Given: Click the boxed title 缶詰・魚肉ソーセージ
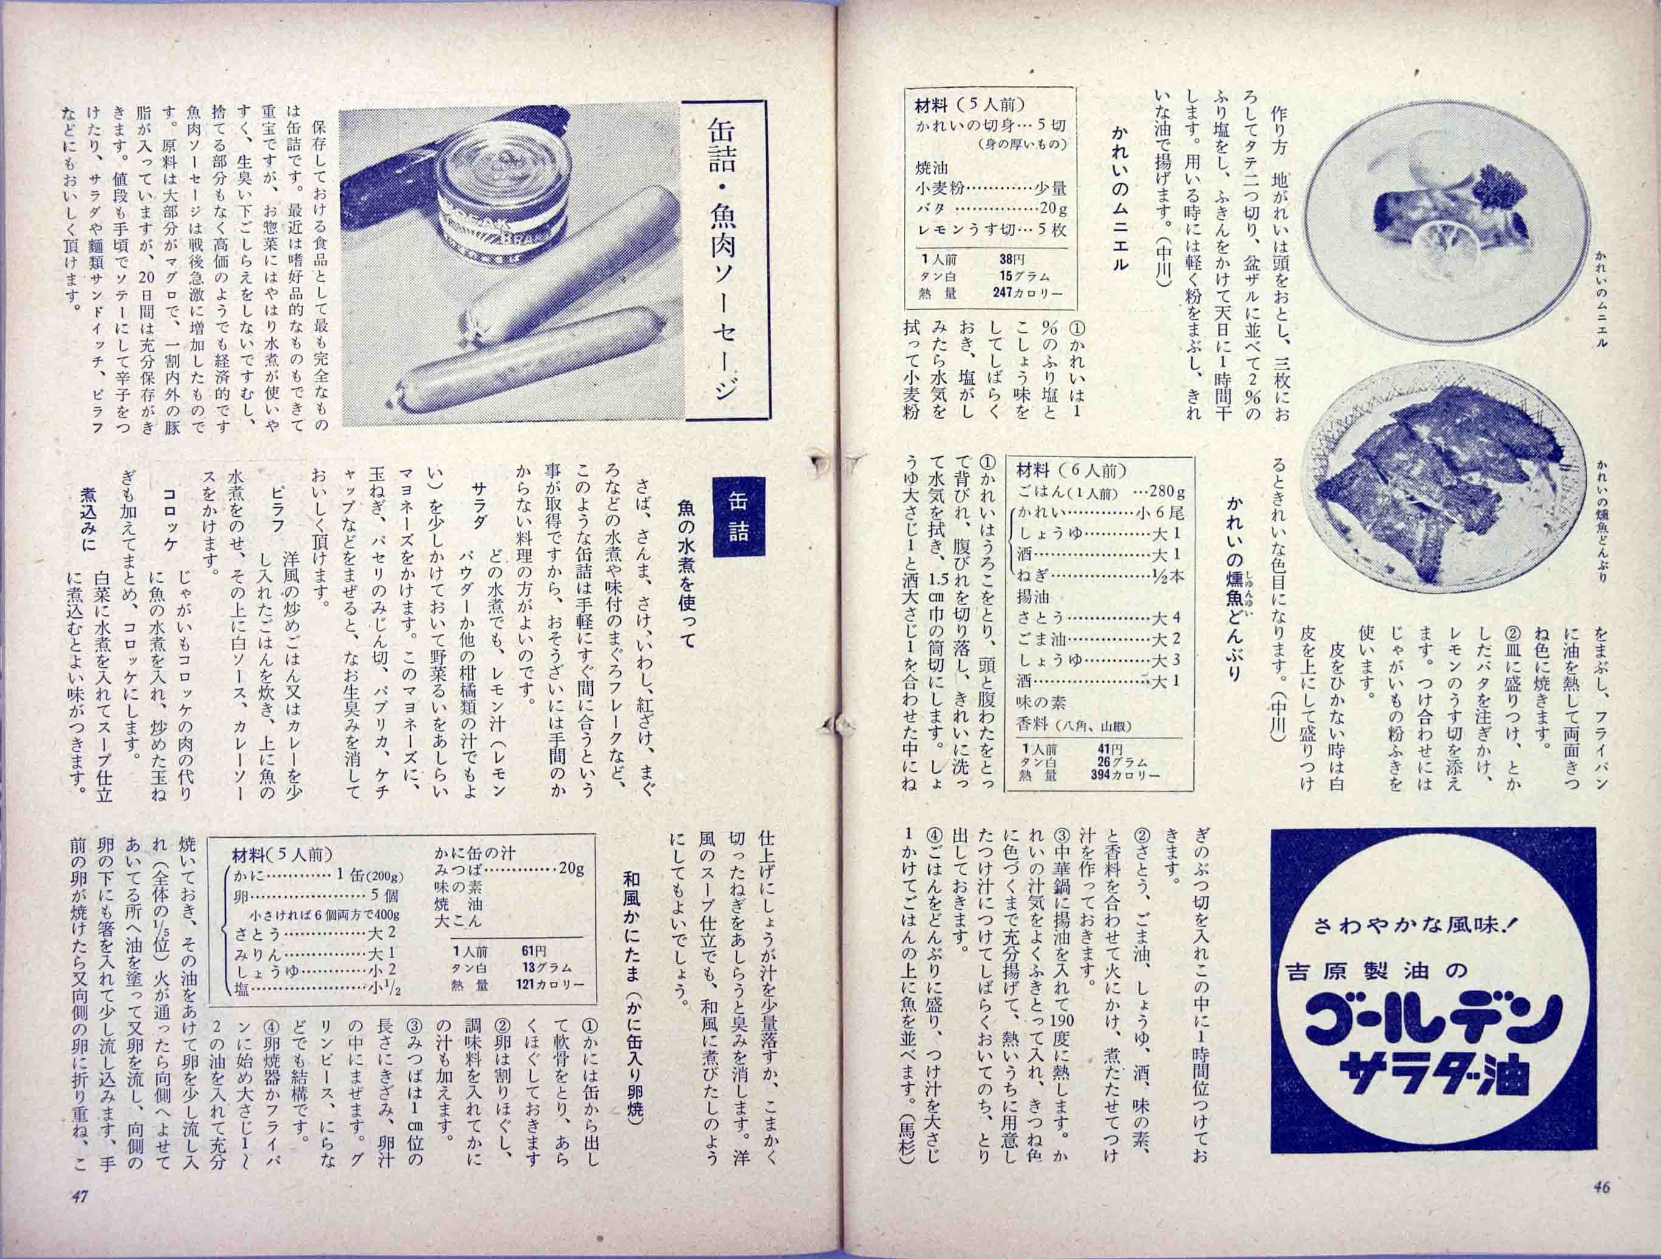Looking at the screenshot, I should click(x=724, y=259).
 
